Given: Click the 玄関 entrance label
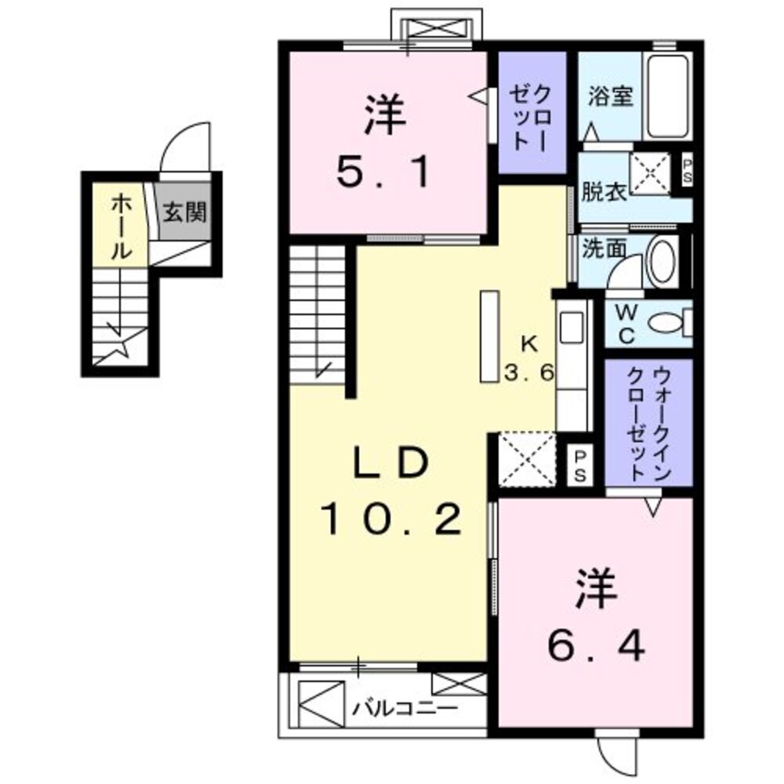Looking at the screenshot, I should (x=185, y=212).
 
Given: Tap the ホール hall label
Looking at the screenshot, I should (x=121, y=227).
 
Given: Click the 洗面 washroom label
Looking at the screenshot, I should (x=603, y=249).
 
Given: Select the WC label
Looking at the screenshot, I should (x=626, y=323).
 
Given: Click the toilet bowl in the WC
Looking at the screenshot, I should (x=668, y=322).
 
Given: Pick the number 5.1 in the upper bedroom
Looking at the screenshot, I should (x=384, y=174).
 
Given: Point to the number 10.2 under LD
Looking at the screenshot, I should (x=389, y=520).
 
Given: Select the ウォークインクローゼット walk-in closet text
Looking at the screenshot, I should (x=649, y=423).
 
